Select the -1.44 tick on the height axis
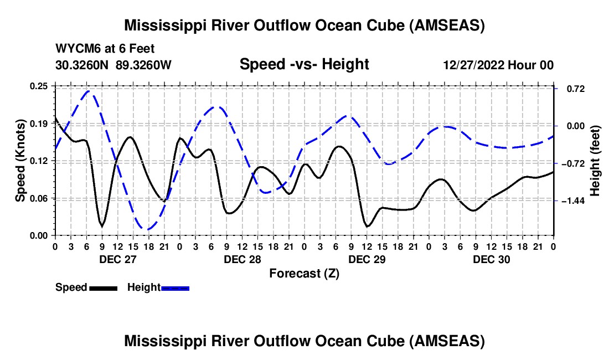coord(574,200)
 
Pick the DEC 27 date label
coord(117,259)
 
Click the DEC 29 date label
coord(367,259)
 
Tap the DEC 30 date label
coord(491,259)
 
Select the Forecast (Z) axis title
coord(304,273)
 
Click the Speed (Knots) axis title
coord(20,161)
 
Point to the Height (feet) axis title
coord(595,161)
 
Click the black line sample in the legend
coord(104,288)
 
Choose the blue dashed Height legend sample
coord(176,288)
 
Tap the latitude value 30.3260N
coord(83,65)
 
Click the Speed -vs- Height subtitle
coord(304,64)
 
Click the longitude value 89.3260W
coord(143,65)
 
